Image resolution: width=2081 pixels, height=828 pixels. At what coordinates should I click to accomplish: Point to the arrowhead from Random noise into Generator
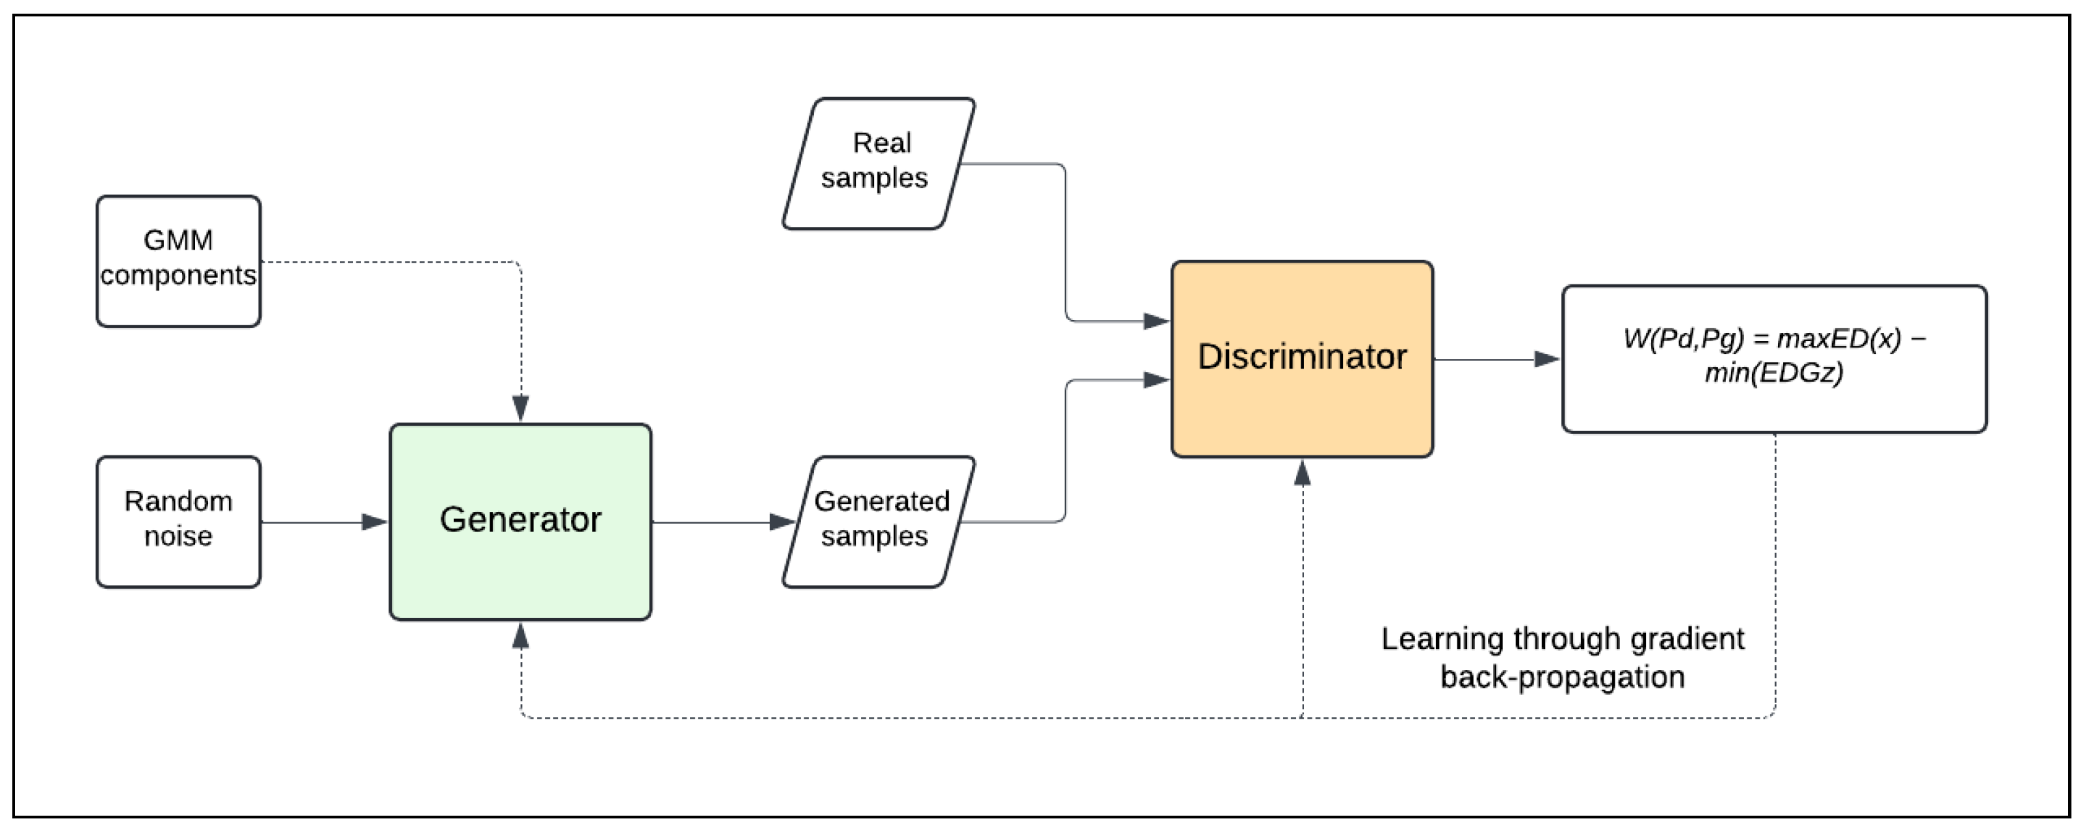(375, 522)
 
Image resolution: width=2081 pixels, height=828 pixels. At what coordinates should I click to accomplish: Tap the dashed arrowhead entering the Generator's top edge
(520, 408)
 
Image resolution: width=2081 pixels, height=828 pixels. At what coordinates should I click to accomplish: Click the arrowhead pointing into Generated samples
(782, 522)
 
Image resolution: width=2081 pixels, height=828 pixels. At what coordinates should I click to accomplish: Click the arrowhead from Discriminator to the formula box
(1546, 359)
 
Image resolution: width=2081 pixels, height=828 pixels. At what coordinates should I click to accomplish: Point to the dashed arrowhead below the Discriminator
(1301, 472)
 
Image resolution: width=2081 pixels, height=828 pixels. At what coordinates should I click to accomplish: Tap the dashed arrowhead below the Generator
(520, 637)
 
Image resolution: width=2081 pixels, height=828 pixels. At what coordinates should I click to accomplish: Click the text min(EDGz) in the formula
(1774, 373)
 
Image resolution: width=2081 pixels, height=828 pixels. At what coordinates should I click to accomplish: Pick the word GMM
(178, 240)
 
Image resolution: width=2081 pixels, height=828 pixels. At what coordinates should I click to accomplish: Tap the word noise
(178, 536)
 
